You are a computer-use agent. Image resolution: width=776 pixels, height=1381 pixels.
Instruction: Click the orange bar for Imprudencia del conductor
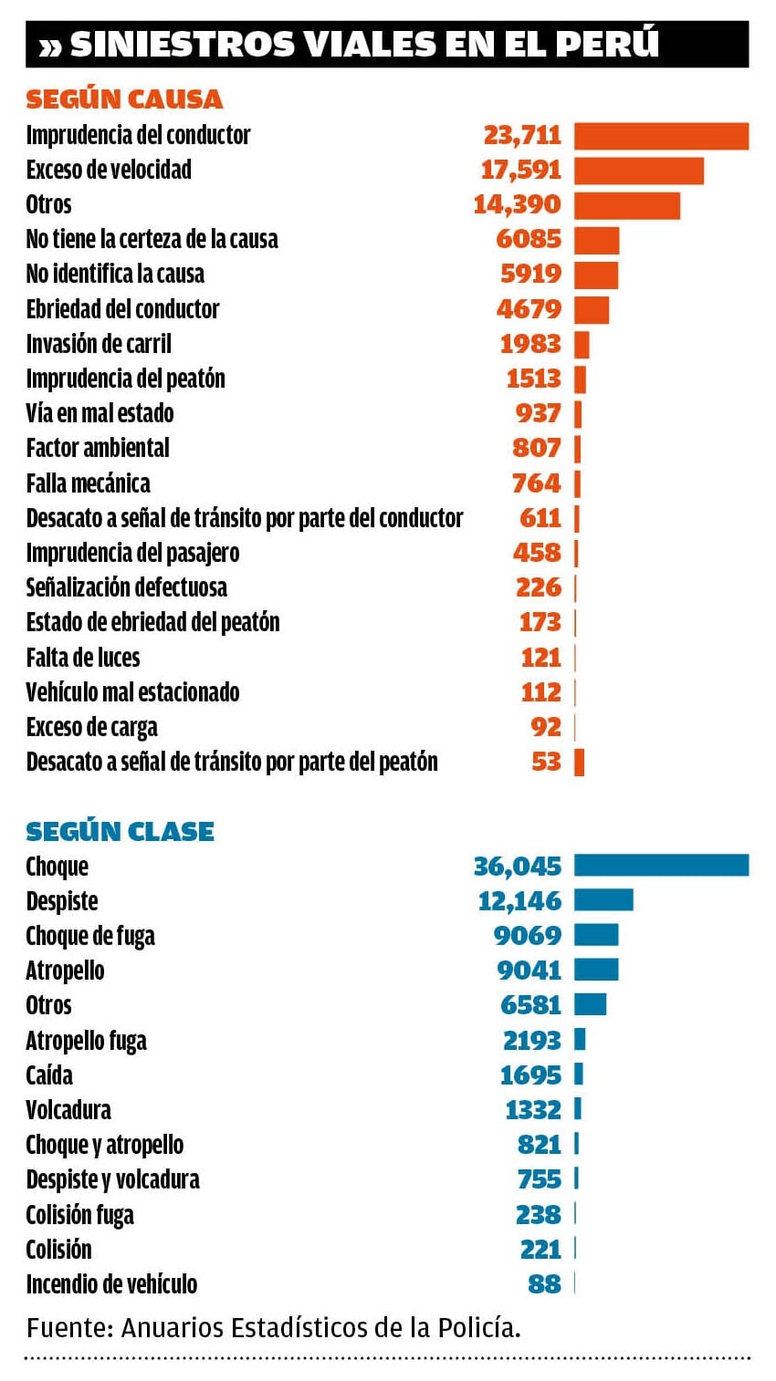tap(661, 135)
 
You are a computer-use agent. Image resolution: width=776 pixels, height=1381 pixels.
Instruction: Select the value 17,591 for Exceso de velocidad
tap(521, 170)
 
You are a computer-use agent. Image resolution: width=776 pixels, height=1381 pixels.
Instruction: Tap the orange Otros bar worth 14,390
tap(627, 205)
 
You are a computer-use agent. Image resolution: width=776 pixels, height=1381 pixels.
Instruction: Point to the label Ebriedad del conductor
tap(122, 309)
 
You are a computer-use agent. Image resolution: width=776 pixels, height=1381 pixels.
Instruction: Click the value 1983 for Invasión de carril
tap(530, 344)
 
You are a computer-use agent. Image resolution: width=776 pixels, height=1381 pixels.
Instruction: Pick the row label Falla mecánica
tap(88, 483)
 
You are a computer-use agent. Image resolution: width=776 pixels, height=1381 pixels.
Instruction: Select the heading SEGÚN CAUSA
tap(124, 99)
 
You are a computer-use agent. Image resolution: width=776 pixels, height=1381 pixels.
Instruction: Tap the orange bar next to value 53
tap(579, 762)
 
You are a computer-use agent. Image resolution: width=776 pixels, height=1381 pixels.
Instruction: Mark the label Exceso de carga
tap(91, 727)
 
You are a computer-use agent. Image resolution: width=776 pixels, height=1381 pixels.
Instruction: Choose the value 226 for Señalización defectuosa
tap(538, 587)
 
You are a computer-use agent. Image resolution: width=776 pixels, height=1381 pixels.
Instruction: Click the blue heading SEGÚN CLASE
tap(120, 831)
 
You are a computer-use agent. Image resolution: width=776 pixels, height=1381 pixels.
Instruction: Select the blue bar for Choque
tap(661, 866)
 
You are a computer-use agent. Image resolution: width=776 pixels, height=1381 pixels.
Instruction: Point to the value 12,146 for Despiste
tap(519, 901)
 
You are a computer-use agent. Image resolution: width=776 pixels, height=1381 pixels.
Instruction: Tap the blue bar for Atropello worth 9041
tap(596, 970)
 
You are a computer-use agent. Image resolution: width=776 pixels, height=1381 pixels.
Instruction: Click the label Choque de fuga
tap(90, 936)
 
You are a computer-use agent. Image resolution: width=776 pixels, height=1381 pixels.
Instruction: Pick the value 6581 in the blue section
tap(530, 1005)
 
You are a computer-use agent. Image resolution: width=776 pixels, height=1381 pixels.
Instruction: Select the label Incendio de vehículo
tap(111, 1284)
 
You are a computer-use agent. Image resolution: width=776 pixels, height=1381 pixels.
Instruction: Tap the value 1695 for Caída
tap(530, 1075)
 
